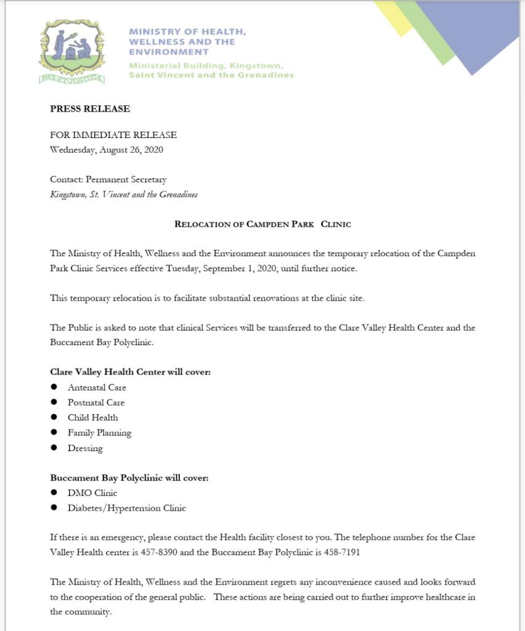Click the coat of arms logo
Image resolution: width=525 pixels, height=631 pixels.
(72, 51)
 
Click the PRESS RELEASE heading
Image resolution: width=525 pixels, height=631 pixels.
(90, 108)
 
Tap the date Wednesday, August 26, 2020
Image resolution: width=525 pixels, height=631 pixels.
(106, 149)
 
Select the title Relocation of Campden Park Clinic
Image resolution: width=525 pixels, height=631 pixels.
(262, 224)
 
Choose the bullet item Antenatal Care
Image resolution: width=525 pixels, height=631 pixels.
(97, 388)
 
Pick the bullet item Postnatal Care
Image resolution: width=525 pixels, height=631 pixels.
(96, 402)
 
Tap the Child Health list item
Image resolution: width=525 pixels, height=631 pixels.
(92, 418)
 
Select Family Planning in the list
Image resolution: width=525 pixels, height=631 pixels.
(99, 433)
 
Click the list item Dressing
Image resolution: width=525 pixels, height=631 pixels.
(85, 448)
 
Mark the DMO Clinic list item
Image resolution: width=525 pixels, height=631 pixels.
(92, 493)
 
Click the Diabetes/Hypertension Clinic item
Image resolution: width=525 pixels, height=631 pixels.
(126, 508)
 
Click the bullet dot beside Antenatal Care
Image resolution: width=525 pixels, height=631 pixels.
(54, 387)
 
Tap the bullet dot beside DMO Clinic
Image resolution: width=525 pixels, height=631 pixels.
(54, 492)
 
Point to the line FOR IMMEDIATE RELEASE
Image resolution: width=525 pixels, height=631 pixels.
(113, 134)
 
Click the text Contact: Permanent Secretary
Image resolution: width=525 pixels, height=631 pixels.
(108, 179)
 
